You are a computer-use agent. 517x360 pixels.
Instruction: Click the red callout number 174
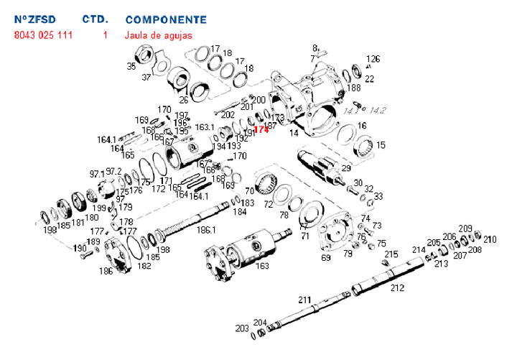pos(261,129)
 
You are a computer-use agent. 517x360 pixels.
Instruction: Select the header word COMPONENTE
pos(165,19)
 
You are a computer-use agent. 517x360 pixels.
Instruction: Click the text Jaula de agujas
pos(158,34)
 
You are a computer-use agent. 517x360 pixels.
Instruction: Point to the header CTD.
pos(96,19)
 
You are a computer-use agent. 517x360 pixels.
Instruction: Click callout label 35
pos(131,66)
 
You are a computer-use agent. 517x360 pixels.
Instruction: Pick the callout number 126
pos(373,59)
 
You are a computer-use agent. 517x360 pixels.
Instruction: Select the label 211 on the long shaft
pos(304,299)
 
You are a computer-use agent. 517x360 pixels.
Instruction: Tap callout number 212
pos(397,288)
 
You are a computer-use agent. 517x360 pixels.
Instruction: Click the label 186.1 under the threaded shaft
pos(206,230)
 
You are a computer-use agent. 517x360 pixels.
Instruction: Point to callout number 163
pos(263,266)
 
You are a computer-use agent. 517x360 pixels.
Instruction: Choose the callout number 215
pos(391,254)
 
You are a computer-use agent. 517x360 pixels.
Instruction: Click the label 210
pos(490,239)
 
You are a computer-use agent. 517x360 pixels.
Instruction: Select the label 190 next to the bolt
pos(80,248)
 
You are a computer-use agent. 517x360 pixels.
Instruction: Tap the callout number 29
pos(346,168)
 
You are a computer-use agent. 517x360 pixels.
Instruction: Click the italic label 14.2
pos(378,111)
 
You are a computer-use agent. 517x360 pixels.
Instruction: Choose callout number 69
pos(325,257)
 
